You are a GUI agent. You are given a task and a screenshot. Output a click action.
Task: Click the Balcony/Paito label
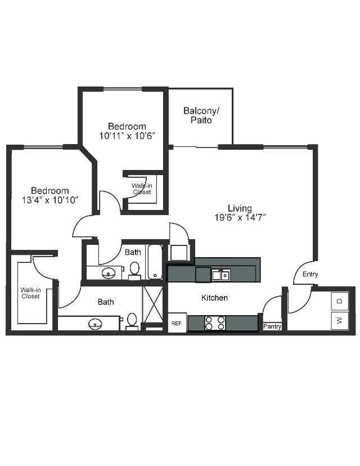[201, 115]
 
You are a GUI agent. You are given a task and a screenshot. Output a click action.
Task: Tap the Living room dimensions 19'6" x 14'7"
[240, 217]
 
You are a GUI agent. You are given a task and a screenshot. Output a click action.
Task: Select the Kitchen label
[214, 297]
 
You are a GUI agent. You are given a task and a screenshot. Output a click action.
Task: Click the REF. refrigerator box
[177, 323]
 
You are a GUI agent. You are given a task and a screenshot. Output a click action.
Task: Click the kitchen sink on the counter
[220, 275]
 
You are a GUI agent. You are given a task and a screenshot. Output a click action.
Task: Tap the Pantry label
[272, 326]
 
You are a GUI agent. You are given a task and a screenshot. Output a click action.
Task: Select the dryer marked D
[339, 301]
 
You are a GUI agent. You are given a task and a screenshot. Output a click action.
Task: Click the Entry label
[310, 275]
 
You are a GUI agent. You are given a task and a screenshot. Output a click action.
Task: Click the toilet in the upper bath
[134, 271]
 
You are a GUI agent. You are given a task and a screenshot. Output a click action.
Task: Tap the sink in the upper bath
[109, 274]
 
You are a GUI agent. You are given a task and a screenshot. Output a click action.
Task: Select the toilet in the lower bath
[132, 320]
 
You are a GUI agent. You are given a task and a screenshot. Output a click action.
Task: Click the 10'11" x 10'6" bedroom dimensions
[127, 135]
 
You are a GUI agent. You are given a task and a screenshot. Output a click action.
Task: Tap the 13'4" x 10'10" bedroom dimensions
[50, 199]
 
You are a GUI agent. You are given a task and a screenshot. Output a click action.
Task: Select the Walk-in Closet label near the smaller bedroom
[142, 189]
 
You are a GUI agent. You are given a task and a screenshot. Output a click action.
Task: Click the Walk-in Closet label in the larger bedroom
[30, 293]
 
